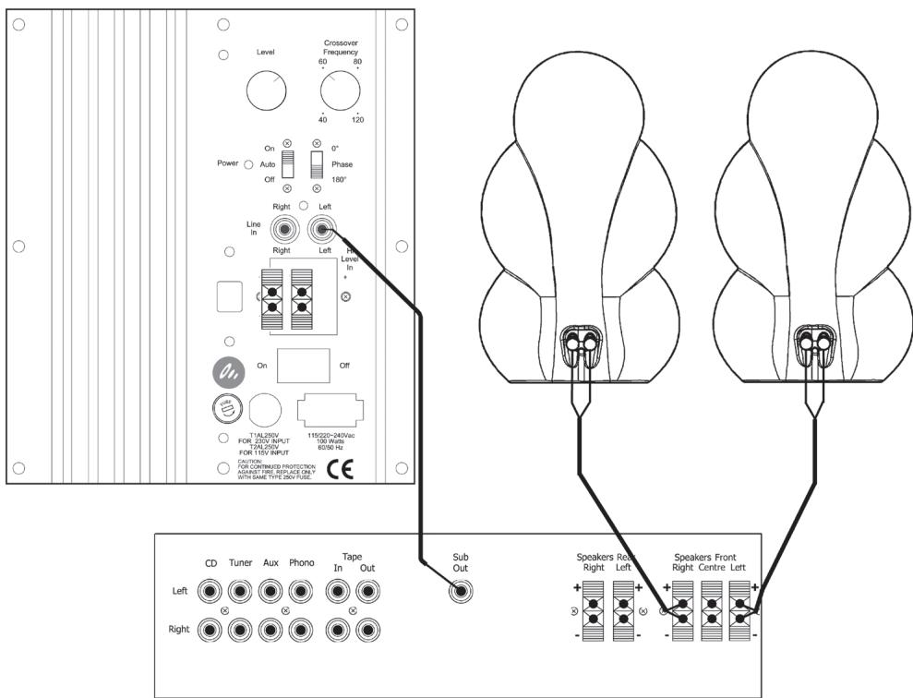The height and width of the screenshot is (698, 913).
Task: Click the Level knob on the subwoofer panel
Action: (x=267, y=91)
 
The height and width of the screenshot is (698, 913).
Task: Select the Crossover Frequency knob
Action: (x=340, y=91)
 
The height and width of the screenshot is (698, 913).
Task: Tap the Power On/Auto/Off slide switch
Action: (x=286, y=164)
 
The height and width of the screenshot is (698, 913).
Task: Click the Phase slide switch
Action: (x=317, y=164)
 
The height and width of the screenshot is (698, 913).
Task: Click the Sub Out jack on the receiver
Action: (x=460, y=592)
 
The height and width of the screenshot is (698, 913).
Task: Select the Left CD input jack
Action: (x=210, y=592)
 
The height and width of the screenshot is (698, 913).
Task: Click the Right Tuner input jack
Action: (x=240, y=630)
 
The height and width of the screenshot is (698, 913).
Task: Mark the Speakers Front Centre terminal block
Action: (x=712, y=610)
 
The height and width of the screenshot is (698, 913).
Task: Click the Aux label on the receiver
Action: (x=270, y=561)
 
